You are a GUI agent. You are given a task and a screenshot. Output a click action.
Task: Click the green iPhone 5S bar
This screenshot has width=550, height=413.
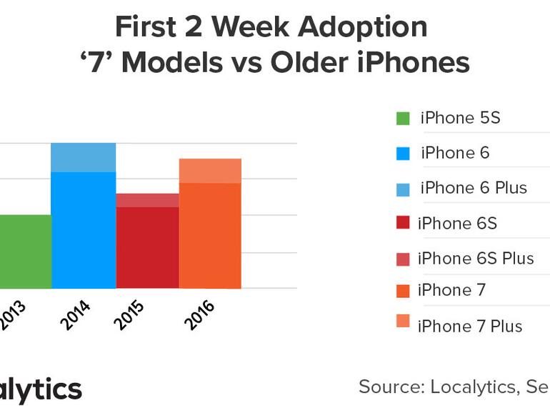25,252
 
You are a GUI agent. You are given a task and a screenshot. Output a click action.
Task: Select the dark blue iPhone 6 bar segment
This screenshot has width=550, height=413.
83,230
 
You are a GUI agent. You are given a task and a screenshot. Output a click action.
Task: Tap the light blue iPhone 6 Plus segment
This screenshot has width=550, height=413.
83,157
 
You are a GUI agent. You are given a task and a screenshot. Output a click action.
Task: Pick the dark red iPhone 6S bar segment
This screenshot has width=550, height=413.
147,247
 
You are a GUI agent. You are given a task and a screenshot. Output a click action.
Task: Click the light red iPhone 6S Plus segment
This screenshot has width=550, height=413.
147,200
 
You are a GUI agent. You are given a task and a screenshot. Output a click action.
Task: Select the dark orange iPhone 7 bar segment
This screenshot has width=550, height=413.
210,235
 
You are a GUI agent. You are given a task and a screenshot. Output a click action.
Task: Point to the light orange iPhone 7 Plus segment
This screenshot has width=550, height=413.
210,171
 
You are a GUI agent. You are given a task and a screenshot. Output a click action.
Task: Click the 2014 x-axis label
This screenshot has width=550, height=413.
76,315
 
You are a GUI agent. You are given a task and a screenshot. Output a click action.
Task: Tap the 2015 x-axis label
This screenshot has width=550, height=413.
129,315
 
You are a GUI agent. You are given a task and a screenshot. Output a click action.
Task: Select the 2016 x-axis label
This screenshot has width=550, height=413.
199,315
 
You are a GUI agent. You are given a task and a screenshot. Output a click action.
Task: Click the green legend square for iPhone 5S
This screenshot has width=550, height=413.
403,119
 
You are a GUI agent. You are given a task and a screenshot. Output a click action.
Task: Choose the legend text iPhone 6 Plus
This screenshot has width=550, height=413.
473,188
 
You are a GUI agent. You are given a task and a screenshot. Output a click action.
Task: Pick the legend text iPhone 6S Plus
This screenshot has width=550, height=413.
476,258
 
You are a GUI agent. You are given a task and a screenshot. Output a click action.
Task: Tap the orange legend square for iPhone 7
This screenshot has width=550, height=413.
403,291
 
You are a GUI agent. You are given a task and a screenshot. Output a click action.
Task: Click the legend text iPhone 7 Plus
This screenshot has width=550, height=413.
471,327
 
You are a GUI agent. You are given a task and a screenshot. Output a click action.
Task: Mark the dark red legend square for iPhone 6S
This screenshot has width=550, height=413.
403,223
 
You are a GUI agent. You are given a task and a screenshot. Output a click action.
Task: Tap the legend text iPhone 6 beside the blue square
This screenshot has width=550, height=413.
455,153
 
